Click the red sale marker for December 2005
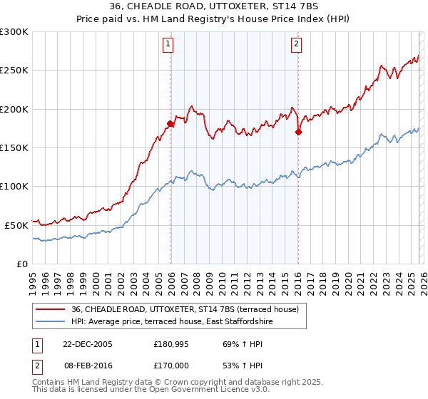pos(170,124)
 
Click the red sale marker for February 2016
pos(298,132)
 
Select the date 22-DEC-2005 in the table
pos(88,344)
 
